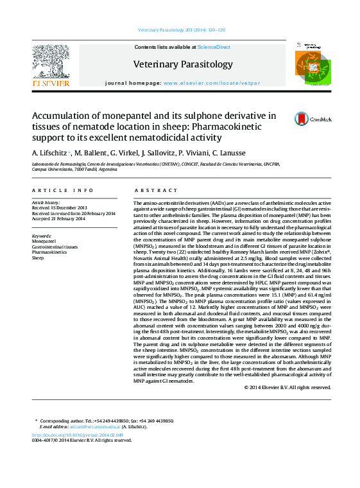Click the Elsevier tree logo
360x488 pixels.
click(51, 64)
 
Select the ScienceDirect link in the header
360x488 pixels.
click(214, 47)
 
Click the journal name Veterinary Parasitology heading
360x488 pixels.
click(183, 64)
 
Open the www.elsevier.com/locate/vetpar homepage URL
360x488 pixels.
click(212, 83)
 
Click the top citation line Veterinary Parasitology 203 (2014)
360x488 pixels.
click(182, 30)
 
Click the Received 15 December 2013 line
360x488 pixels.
click(59, 208)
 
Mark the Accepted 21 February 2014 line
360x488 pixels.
click(58, 218)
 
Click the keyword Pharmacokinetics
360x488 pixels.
click(50, 252)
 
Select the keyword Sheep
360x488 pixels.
click(38, 257)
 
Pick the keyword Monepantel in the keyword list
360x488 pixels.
click(44, 241)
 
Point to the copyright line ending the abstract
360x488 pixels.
click(287, 387)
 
